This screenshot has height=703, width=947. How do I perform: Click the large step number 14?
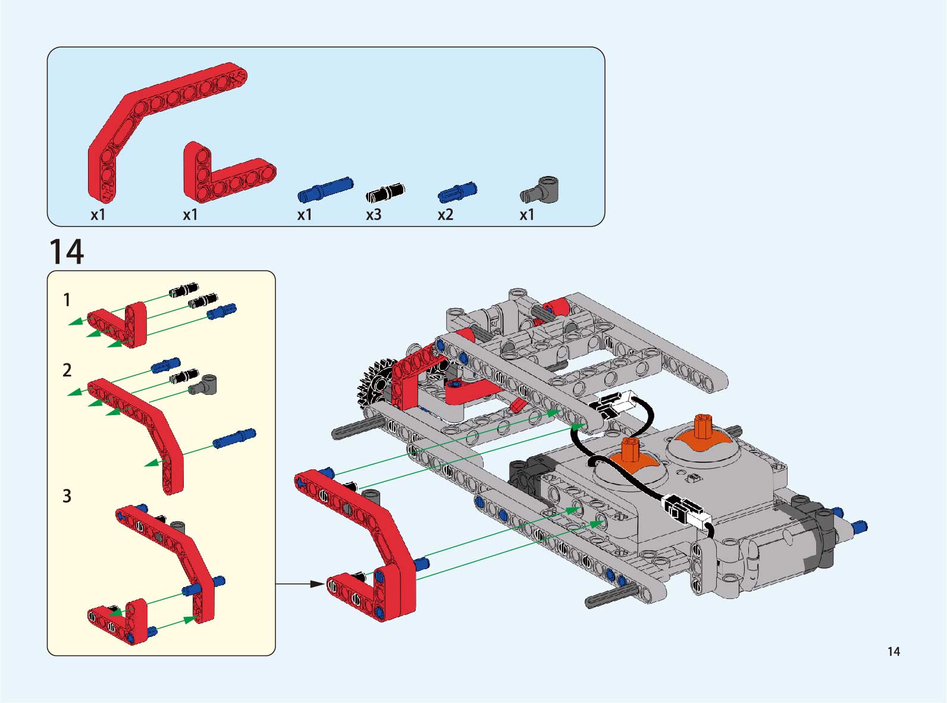click(66, 252)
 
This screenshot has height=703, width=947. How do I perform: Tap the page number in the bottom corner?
click(893, 651)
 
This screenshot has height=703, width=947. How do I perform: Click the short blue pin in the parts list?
click(457, 192)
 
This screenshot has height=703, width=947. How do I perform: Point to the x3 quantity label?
click(374, 215)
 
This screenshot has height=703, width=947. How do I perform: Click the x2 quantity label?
click(445, 215)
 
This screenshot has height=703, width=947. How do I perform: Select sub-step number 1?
click(67, 300)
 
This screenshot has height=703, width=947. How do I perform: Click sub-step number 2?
click(67, 371)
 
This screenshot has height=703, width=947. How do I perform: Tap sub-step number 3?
click(67, 496)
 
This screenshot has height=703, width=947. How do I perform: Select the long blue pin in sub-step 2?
click(234, 438)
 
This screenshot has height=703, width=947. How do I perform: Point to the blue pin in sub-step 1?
click(221, 310)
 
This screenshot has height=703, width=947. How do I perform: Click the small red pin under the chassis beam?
click(516, 406)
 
